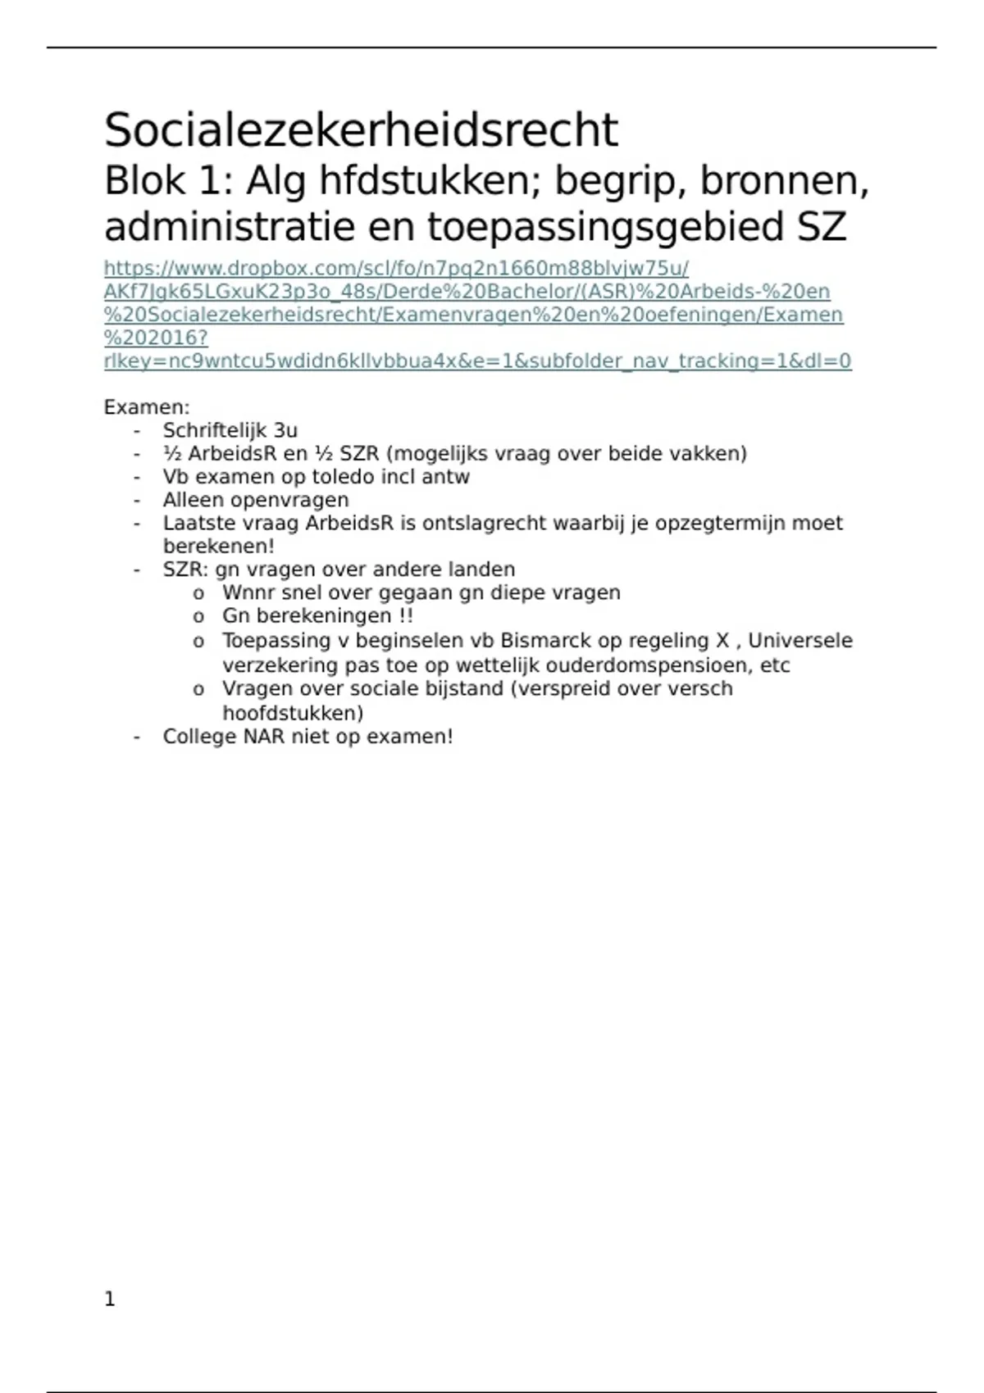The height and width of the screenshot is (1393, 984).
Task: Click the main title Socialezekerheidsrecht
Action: point(361,131)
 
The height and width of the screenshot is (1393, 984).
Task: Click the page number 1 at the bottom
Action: point(110,1299)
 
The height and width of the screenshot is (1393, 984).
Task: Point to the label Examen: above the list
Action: point(147,407)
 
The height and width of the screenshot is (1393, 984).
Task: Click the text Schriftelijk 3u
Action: point(230,430)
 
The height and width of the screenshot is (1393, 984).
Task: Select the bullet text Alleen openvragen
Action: point(256,500)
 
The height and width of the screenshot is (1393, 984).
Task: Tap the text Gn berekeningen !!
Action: point(317,615)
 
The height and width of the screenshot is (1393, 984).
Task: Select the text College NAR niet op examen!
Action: point(307,737)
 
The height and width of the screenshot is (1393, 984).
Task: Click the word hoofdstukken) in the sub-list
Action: point(293,713)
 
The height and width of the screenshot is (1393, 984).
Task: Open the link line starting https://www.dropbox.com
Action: point(396,269)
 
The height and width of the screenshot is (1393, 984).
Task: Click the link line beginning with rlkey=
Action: point(477,361)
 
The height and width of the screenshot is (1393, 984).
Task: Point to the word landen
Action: point(484,569)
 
